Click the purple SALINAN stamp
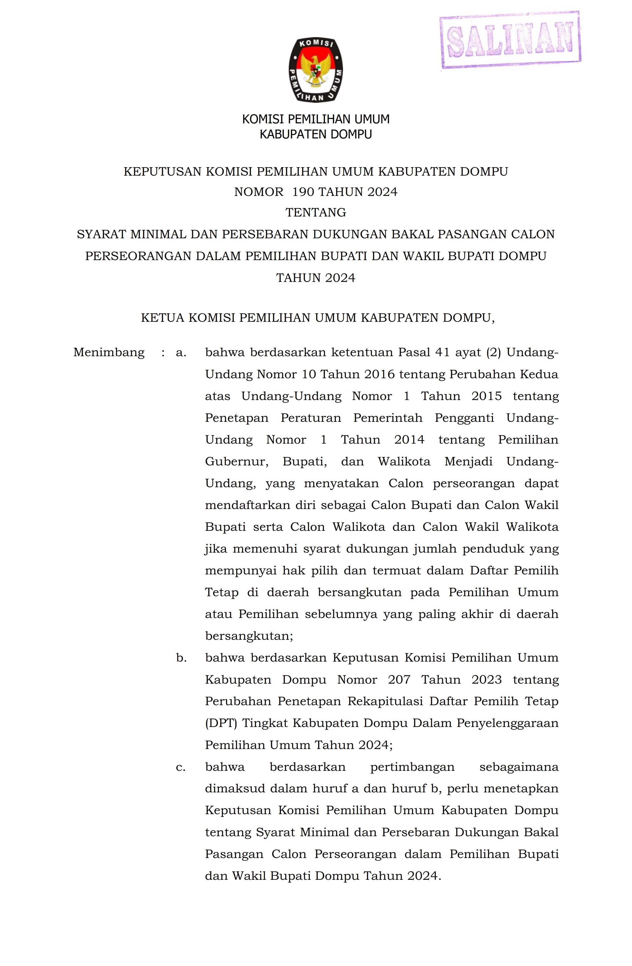coord(510,40)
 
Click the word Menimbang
coord(109,352)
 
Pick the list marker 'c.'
coord(181,767)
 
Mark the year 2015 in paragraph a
coord(486,396)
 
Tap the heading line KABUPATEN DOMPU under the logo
coord(316,134)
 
